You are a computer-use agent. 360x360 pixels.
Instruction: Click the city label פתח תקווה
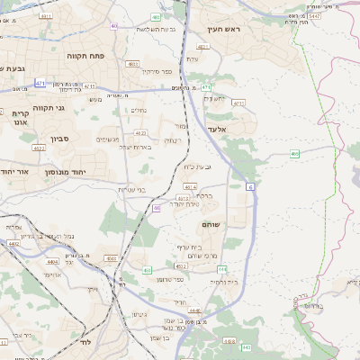click(87, 56)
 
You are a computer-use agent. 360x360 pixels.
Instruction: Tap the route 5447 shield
click(313, 16)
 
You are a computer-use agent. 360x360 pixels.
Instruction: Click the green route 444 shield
click(147, 269)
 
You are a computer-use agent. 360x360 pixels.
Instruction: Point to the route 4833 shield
click(132, 64)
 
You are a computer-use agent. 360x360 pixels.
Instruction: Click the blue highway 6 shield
click(248, 186)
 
